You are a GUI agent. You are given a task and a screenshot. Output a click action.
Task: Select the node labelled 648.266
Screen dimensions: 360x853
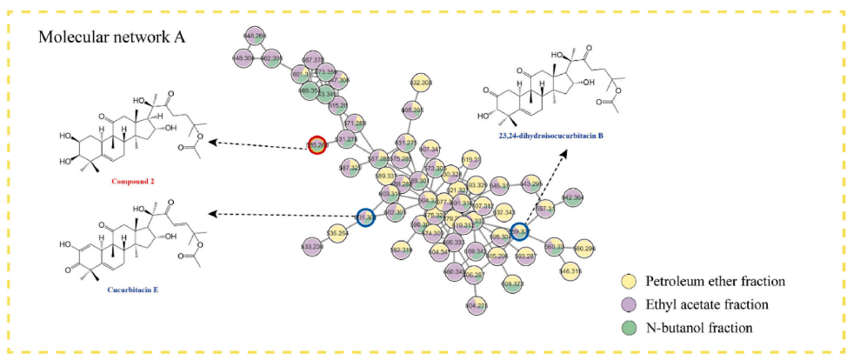pyautogui.click(x=255, y=36)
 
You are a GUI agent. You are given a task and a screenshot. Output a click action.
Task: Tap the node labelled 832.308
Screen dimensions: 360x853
pyautogui.click(x=421, y=83)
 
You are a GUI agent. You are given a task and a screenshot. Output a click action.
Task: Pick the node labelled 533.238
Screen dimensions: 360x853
pyautogui.click(x=311, y=247)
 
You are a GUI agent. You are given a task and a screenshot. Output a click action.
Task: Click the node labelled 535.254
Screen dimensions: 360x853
pyautogui.click(x=337, y=233)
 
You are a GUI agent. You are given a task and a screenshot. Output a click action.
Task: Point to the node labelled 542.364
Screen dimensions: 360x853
pyautogui.click(x=572, y=198)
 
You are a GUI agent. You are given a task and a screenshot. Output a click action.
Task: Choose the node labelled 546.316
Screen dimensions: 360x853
pyautogui.click(x=570, y=271)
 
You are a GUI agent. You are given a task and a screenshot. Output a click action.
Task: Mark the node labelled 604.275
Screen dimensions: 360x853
pyautogui.click(x=476, y=305)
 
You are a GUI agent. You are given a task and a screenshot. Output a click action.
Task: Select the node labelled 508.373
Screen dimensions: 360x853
pyautogui.click(x=513, y=283)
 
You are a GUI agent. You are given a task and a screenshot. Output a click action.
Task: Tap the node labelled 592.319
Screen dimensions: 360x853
pyautogui.click(x=402, y=250)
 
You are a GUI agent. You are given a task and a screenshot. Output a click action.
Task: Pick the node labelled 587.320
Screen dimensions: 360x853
pyautogui.click(x=350, y=167)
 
